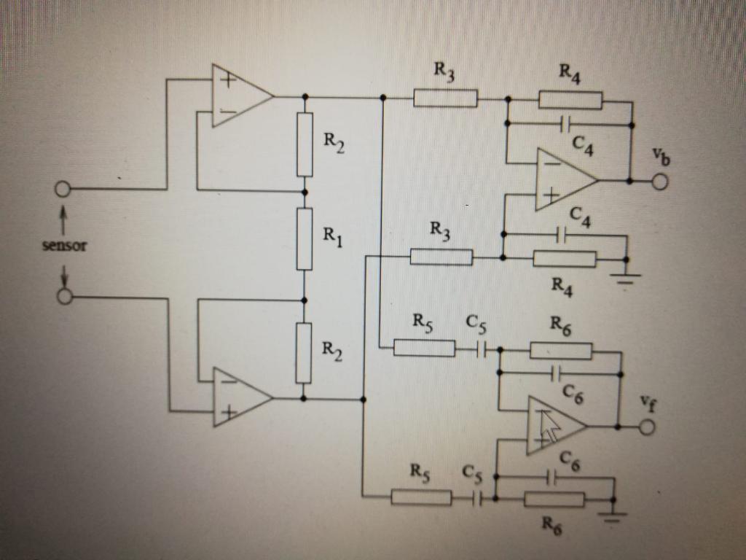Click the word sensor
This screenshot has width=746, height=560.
click(x=64, y=246)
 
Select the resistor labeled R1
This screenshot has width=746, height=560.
click(x=305, y=238)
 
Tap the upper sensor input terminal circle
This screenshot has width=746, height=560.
click(x=62, y=190)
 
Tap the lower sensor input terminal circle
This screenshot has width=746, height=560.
click(x=64, y=297)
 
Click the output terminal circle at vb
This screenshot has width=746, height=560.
click(x=660, y=180)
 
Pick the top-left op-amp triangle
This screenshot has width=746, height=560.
click(x=237, y=95)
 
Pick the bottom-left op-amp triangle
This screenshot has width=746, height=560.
click(x=237, y=397)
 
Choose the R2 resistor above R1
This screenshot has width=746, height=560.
click(x=305, y=144)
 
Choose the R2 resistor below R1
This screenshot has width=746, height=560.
click(x=304, y=353)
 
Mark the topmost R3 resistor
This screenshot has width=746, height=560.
click(x=445, y=98)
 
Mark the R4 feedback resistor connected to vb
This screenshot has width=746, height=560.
click(x=570, y=100)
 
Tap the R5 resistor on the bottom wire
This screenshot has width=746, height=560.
click(x=421, y=499)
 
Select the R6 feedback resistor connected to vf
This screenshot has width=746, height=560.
click(x=561, y=351)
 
